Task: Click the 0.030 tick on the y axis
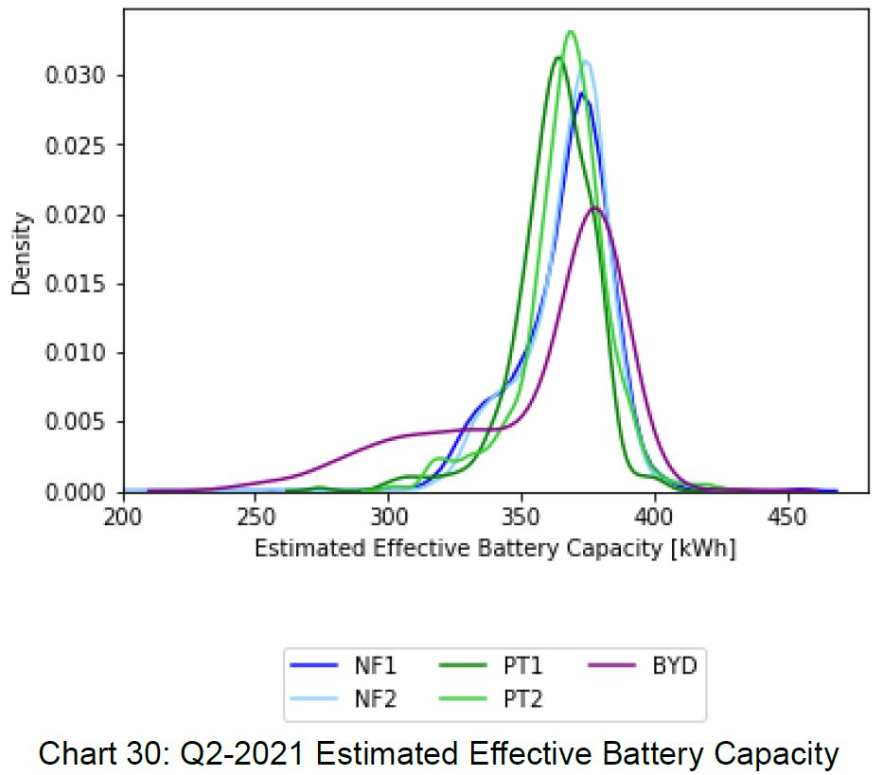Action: point(76,76)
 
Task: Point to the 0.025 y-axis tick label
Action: point(76,145)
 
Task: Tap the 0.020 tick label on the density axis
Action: point(76,215)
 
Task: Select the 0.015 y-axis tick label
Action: point(76,284)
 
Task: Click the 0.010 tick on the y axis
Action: point(76,353)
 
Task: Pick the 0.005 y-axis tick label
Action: point(76,422)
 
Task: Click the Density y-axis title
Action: point(22,254)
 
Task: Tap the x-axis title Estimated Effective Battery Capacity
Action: point(494,550)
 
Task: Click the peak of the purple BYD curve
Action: point(595,207)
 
